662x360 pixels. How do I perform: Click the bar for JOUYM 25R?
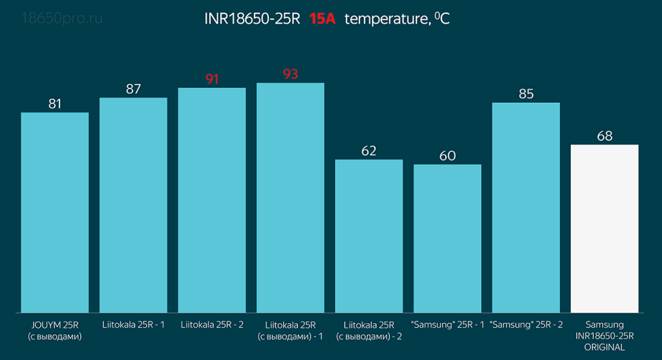55,213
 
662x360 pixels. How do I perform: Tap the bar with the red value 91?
212,200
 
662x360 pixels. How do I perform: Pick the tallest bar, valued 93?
290,198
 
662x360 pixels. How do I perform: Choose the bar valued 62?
368,237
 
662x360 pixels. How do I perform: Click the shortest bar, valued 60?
447,239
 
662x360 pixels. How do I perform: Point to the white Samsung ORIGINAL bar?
604,229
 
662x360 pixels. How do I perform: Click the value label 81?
55,103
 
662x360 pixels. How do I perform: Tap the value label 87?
133,89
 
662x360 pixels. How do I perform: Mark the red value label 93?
290,74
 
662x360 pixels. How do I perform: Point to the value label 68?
604,136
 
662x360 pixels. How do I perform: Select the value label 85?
526,94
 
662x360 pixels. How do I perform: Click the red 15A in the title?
322,19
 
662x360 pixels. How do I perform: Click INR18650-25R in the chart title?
252,19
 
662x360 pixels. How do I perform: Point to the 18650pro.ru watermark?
62,18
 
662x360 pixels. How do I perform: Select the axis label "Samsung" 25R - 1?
447,324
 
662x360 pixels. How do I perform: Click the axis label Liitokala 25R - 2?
212,324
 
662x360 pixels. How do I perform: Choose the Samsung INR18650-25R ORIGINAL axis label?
604,335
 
